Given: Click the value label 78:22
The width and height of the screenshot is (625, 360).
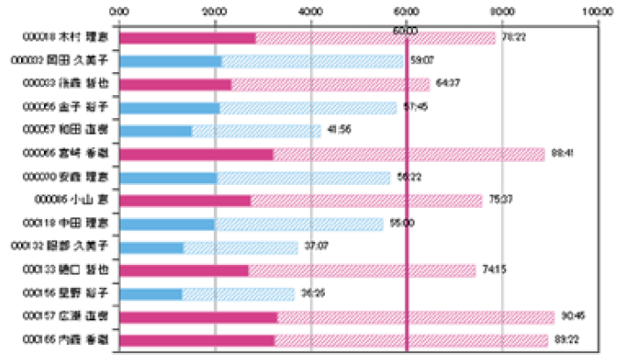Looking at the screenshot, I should (513, 38).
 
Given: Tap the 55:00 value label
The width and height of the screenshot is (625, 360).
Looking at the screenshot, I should (401, 224).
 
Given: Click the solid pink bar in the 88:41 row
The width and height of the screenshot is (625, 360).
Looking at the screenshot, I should (195, 154).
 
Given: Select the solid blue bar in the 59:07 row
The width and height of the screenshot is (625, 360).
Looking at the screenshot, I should (170, 62).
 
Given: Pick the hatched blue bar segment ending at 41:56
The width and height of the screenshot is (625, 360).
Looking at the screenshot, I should (255, 131).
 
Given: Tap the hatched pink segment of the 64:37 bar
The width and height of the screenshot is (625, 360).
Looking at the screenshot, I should (330, 84).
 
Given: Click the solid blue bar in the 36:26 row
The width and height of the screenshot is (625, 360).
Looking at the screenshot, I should (151, 293).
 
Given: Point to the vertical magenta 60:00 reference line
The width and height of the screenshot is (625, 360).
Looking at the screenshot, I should (406, 194).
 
